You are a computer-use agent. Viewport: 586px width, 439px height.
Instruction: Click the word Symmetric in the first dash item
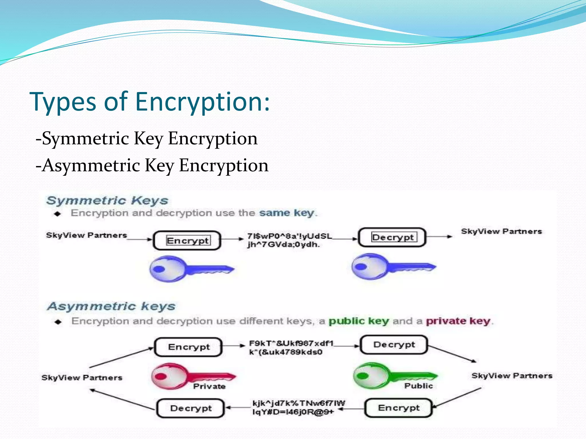coord(85,139)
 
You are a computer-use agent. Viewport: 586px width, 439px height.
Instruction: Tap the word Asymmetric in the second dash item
coord(91,165)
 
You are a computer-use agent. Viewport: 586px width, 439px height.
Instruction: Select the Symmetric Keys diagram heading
coord(107,201)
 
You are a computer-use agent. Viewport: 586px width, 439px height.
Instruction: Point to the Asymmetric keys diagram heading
coord(111,306)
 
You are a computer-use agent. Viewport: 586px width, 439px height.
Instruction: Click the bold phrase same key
coord(286,213)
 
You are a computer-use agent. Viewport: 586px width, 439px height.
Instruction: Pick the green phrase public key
coord(359,321)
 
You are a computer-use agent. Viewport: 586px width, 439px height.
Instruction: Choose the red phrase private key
coord(458,321)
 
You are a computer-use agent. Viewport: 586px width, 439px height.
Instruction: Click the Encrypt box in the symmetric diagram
coord(187,240)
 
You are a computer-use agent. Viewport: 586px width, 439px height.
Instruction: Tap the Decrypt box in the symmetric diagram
coord(392,237)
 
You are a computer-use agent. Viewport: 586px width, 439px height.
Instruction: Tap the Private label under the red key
coord(209,386)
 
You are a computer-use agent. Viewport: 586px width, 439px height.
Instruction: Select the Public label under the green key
coord(418,386)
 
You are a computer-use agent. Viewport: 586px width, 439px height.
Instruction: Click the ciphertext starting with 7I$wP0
coord(289,240)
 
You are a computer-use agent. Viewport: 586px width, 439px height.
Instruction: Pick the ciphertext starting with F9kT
coord(291,347)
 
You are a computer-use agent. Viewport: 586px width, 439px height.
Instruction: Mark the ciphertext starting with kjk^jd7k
coord(298,407)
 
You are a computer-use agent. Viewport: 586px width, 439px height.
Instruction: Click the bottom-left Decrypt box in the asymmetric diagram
coord(191,408)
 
